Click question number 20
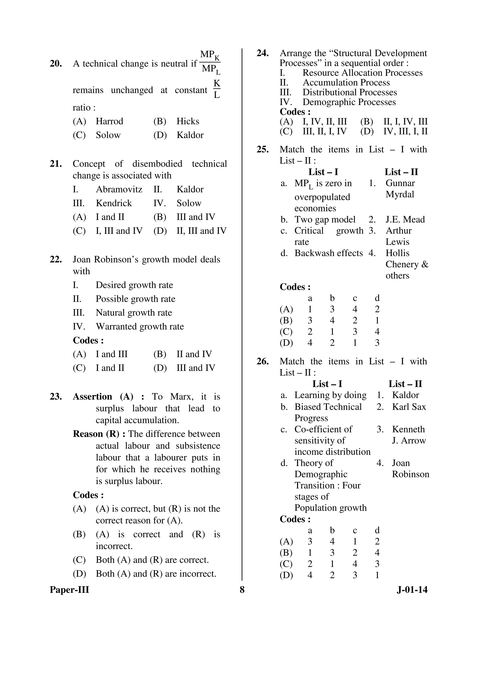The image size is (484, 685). (x=56, y=64)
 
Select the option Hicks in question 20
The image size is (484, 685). (x=188, y=122)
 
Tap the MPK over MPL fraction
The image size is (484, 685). (x=210, y=62)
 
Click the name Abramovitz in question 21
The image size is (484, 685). (x=119, y=189)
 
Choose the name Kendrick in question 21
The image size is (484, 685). (x=114, y=203)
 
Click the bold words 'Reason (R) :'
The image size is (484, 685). (x=99, y=434)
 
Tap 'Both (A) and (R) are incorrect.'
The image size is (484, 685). (x=156, y=574)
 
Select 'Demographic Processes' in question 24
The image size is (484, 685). (x=349, y=102)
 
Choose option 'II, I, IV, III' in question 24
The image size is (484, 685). (x=405, y=122)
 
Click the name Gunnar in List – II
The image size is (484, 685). (x=400, y=183)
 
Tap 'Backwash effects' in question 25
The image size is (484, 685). (x=328, y=253)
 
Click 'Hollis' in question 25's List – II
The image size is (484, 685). (x=397, y=253)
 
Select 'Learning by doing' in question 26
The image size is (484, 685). (x=330, y=395)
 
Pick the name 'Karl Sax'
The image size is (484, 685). (x=409, y=407)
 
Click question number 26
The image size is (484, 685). (x=262, y=362)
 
